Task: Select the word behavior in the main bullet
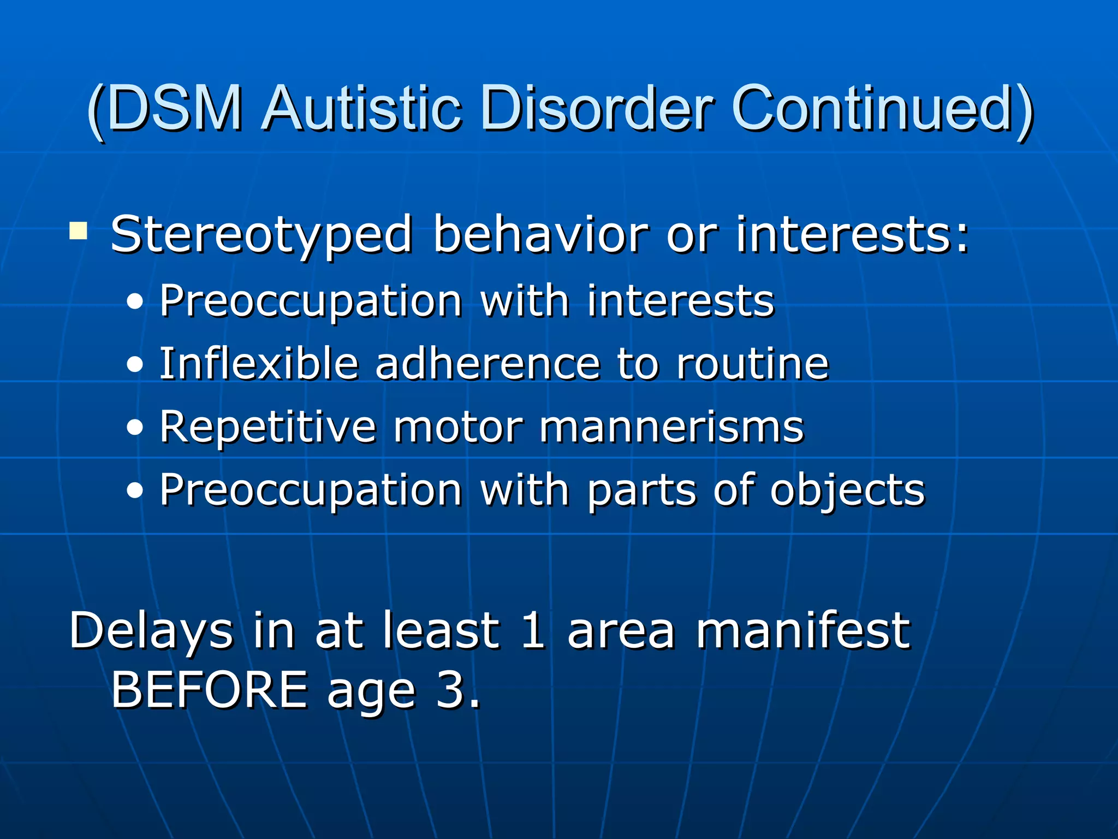(x=540, y=235)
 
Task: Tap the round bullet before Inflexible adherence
(x=134, y=364)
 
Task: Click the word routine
(x=752, y=364)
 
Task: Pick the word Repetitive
(x=267, y=427)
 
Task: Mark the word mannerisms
(x=671, y=427)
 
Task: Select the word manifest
(x=802, y=631)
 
